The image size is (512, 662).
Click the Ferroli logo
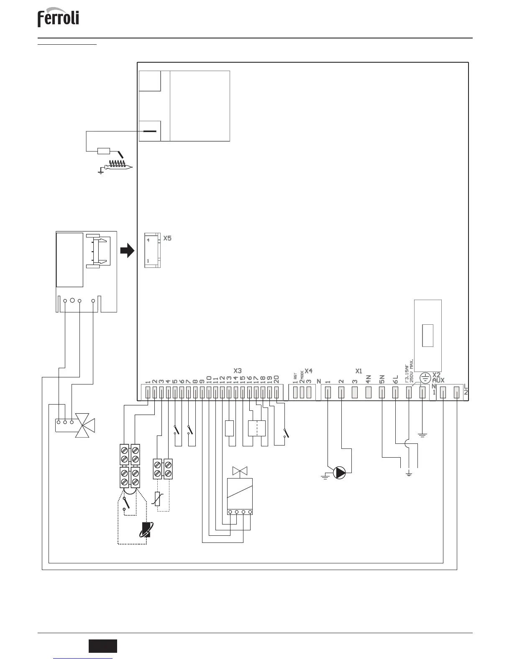(x=58, y=19)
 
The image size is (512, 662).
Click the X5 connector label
(x=167, y=239)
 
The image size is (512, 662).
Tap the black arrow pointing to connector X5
(x=127, y=251)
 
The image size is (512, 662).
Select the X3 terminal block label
(x=238, y=371)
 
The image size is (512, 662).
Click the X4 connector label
(x=309, y=371)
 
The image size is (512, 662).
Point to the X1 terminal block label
(x=358, y=371)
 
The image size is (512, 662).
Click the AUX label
(x=439, y=380)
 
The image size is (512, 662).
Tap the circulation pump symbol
(x=340, y=473)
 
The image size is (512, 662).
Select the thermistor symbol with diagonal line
(x=157, y=499)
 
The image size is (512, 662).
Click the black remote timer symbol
(x=147, y=530)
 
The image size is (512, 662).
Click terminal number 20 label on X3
(x=276, y=379)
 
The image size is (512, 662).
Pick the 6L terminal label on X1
(x=395, y=379)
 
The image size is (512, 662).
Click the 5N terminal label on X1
(x=382, y=379)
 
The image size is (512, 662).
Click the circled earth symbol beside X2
(x=425, y=378)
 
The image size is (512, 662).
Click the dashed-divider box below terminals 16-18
(x=257, y=428)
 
